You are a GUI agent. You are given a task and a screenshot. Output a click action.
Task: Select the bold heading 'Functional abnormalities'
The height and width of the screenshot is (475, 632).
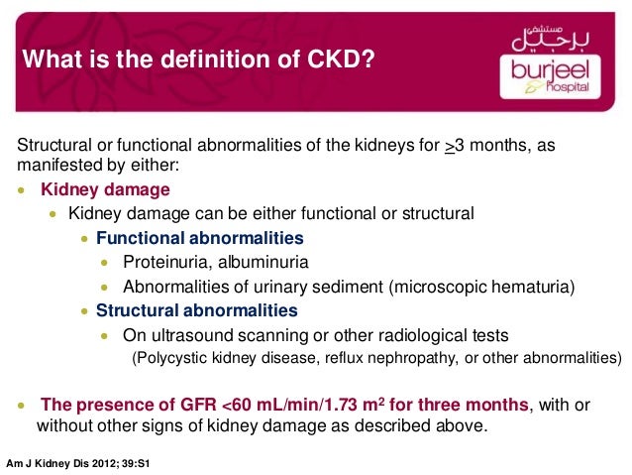(x=199, y=238)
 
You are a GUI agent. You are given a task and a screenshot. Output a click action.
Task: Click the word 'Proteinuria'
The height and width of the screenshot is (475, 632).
(x=163, y=263)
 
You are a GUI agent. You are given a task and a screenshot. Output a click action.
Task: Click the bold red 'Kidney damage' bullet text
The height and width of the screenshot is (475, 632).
(x=104, y=189)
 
